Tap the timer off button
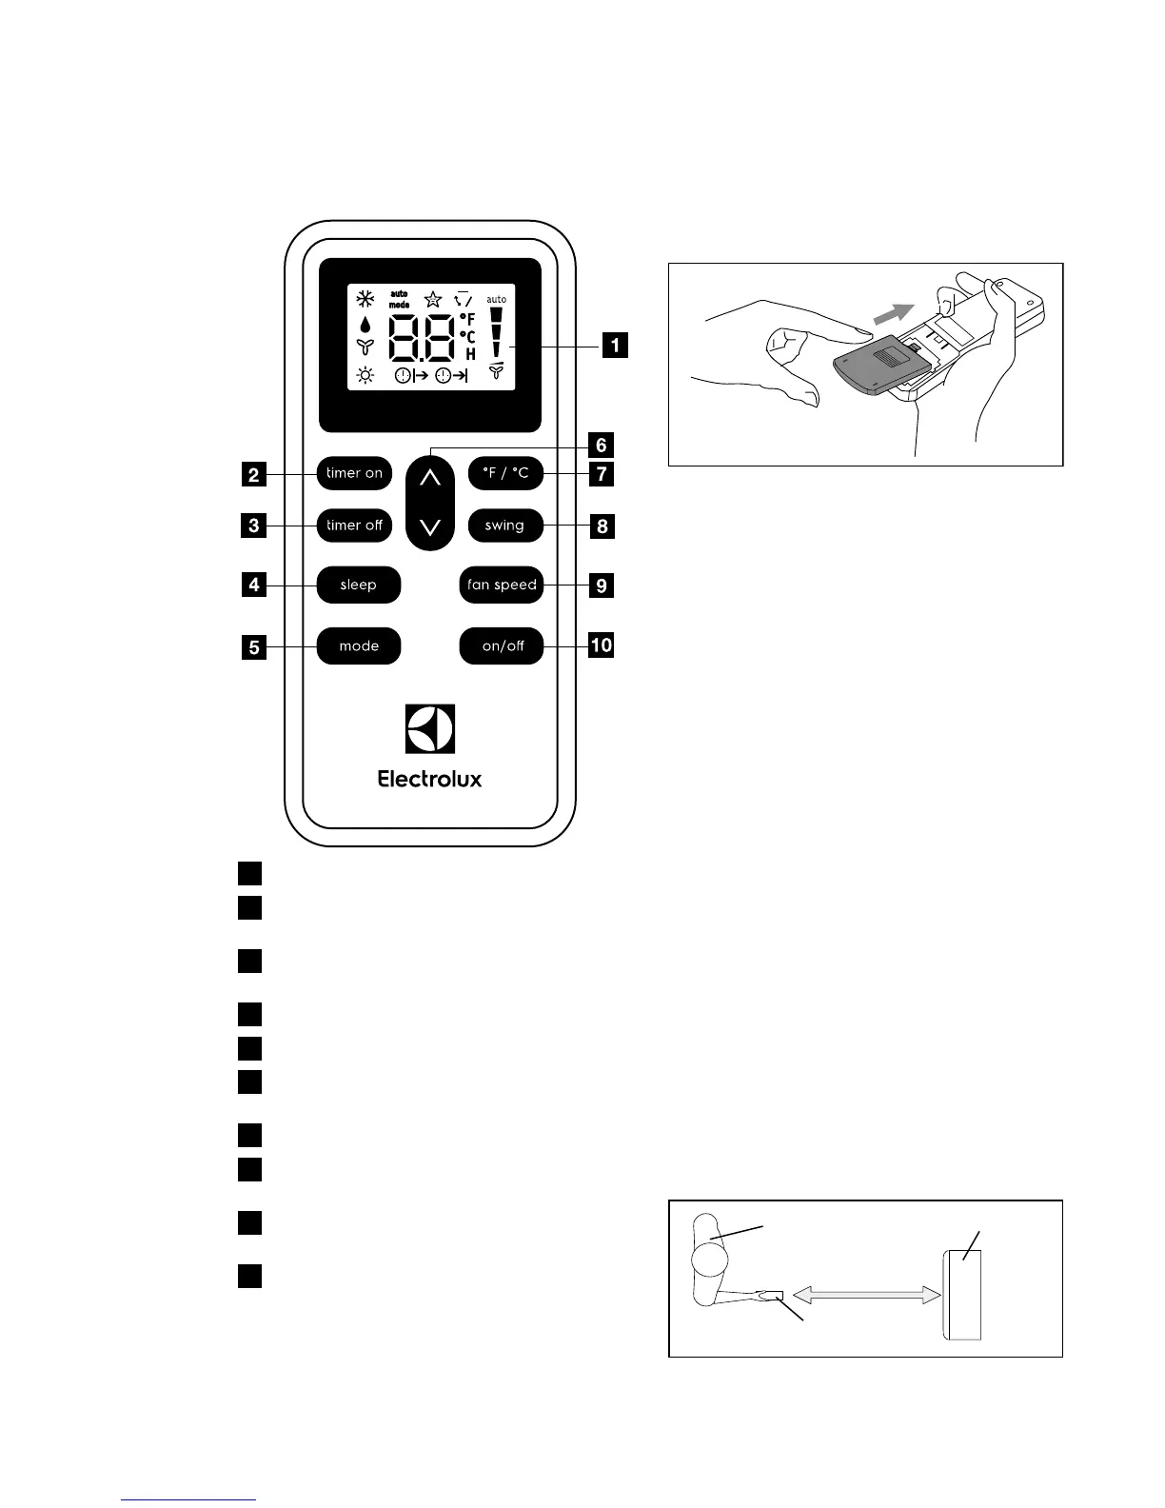tap(354, 526)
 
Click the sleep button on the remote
tap(359, 585)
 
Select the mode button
tap(359, 646)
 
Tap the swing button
tap(504, 526)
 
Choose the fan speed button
tap(502, 585)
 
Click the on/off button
tap(502, 646)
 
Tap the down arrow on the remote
tap(430, 526)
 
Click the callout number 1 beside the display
tap(614, 345)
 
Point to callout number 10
tap(602, 645)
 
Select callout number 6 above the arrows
tap(601, 445)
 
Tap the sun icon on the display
tap(365, 375)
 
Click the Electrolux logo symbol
tap(430, 729)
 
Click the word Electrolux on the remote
tap(430, 779)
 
